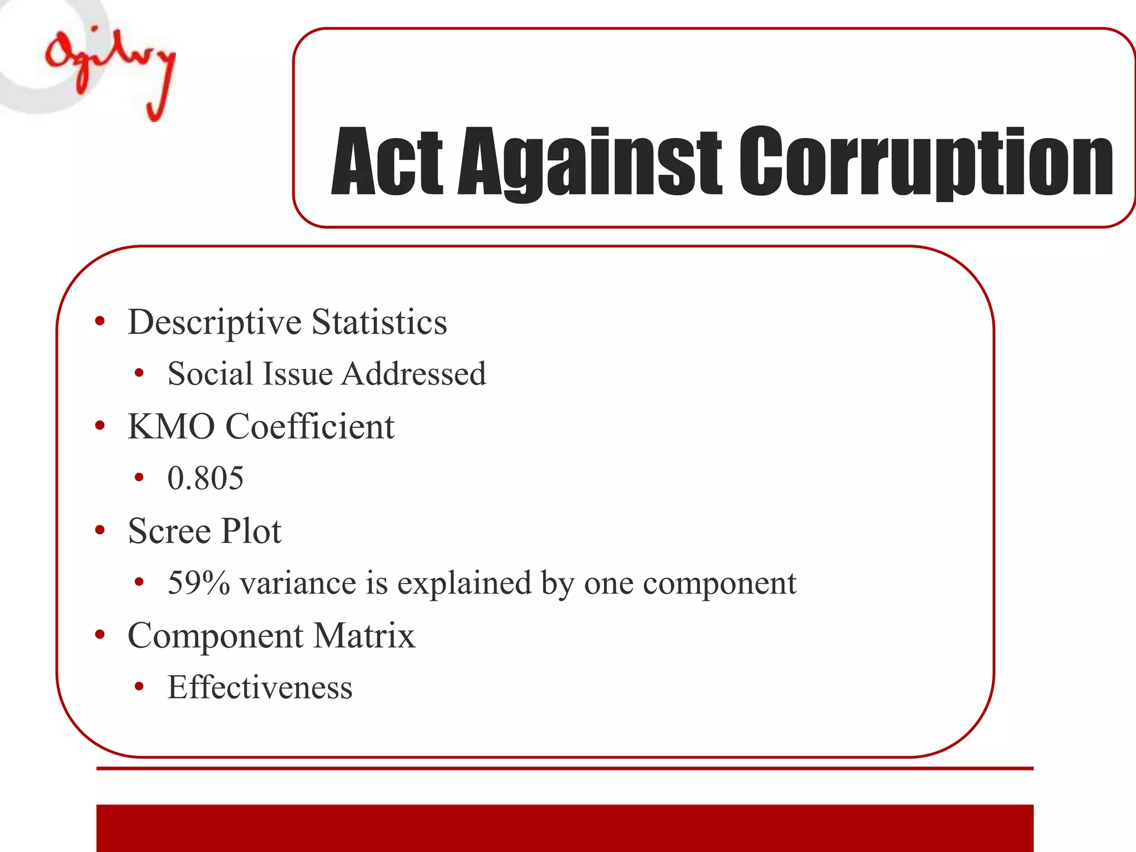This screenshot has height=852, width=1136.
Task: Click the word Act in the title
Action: pyautogui.click(x=386, y=162)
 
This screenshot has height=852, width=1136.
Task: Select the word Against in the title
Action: pyautogui.click(x=589, y=162)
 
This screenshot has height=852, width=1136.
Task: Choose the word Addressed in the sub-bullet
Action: pyautogui.click(x=414, y=373)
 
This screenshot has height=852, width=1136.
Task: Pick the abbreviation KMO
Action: pyautogui.click(x=171, y=427)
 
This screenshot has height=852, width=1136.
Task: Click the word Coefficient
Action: pyautogui.click(x=310, y=427)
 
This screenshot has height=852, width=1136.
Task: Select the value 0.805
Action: pyautogui.click(x=205, y=478)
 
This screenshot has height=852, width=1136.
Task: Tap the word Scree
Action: pyautogui.click(x=169, y=531)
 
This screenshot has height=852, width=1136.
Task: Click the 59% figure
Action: pyautogui.click(x=199, y=583)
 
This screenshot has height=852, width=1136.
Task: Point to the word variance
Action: pyautogui.click(x=298, y=584)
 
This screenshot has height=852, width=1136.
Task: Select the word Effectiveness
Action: pyautogui.click(x=260, y=688)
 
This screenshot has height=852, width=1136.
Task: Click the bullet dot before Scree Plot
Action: pyautogui.click(x=100, y=531)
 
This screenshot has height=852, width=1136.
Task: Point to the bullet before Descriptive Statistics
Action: pyautogui.click(x=100, y=322)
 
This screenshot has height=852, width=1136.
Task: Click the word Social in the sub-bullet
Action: pyautogui.click(x=210, y=373)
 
